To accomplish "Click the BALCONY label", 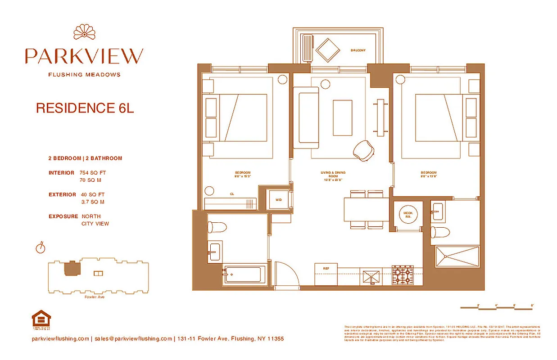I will [358, 50].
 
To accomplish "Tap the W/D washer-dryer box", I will [278, 199].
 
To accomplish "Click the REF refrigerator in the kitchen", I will [326, 274].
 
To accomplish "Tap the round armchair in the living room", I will [364, 150].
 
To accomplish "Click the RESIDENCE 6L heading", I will [85, 108].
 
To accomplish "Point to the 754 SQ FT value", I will [93, 173].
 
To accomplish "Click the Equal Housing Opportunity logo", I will [41, 319].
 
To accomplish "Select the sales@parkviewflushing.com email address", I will [133, 339].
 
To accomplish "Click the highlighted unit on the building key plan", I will [70, 269].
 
